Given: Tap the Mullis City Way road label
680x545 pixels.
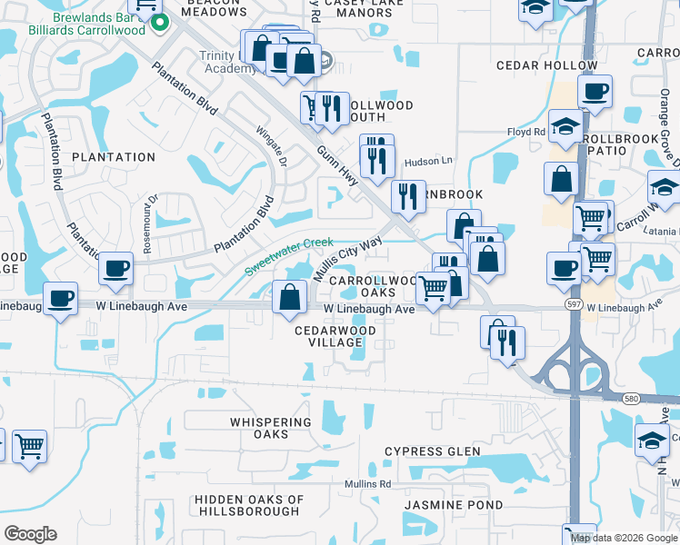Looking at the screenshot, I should coord(347,259).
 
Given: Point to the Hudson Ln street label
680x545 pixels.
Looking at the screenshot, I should coord(434,161).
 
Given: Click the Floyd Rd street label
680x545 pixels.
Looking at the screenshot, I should coord(526,133).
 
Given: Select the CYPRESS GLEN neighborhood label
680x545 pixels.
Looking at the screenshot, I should coord(431,451).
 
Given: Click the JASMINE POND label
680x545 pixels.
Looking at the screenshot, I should coord(441,504).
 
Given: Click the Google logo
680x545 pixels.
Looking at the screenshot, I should coord(31,533).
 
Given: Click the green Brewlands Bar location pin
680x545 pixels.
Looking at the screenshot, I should coord(160,22).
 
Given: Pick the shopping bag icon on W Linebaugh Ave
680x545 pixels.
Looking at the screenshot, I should coord(289,297).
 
